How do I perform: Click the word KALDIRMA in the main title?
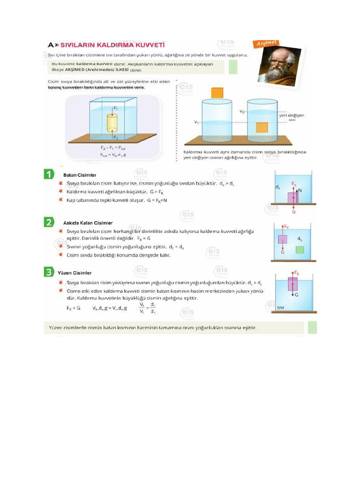[113, 45]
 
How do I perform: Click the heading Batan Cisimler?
[80, 175]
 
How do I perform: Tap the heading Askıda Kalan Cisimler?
[88, 223]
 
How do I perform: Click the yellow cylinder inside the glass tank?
[112, 122]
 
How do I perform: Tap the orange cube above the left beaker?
[217, 93]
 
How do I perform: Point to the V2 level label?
[242, 112]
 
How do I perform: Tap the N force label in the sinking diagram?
[300, 191]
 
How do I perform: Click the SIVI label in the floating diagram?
[281, 307]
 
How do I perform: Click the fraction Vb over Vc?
[142, 307]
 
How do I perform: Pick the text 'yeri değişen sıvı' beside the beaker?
[292, 116]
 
